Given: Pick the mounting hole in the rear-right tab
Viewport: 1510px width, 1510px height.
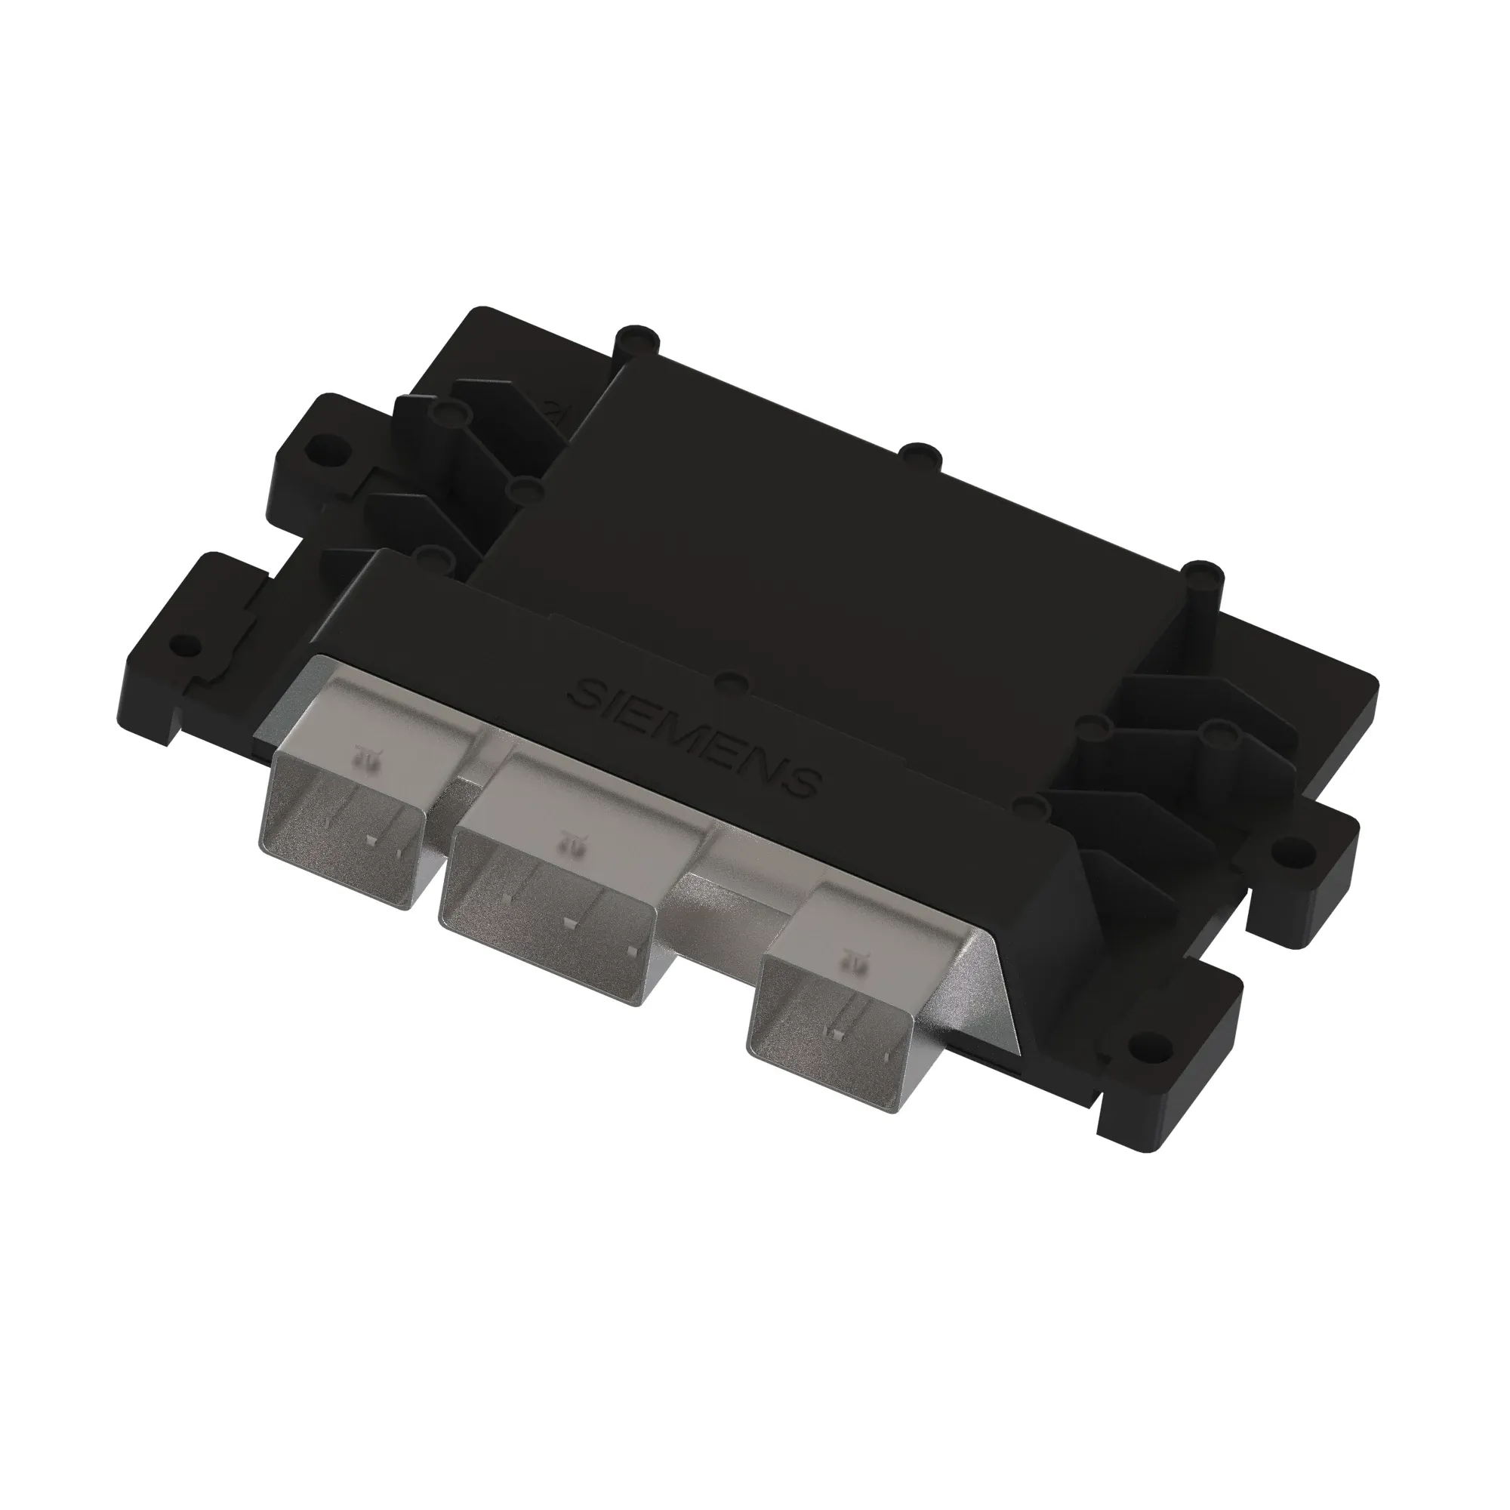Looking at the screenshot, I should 1292,847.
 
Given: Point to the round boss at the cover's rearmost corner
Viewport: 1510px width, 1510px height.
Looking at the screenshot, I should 637,336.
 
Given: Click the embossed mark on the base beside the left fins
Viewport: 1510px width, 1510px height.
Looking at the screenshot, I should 559,409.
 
